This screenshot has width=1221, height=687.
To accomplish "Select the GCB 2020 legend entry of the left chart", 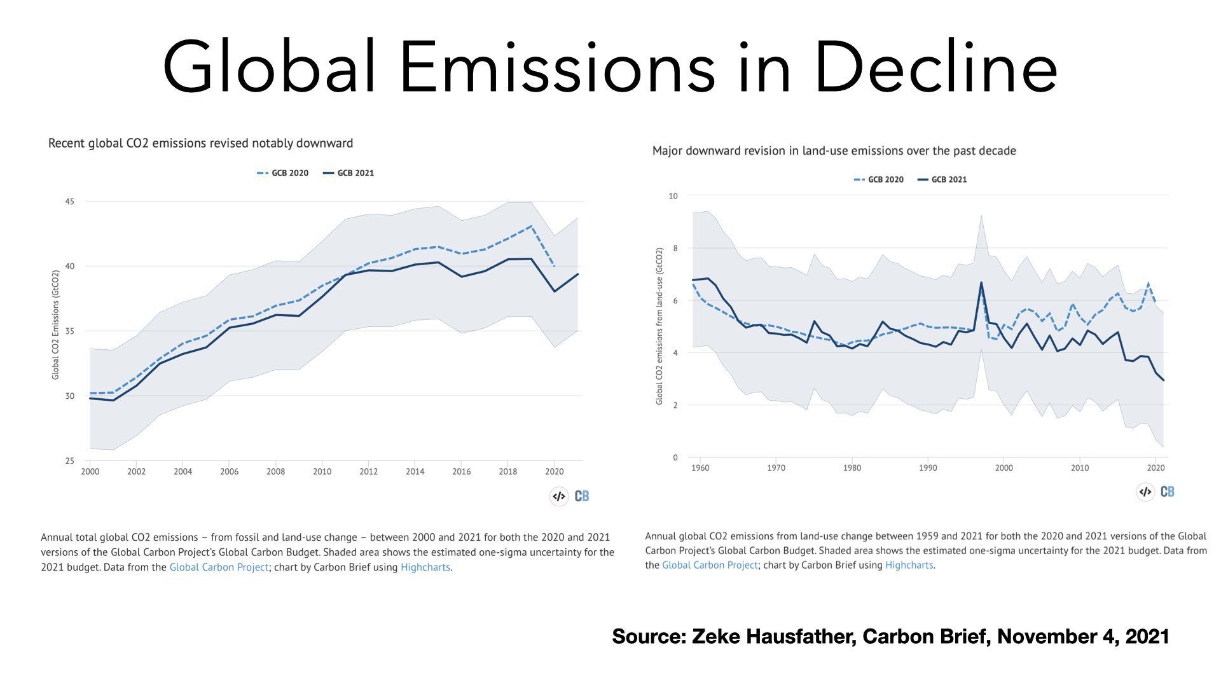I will [283, 173].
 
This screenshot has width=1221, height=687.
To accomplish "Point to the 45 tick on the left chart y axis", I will [69, 202].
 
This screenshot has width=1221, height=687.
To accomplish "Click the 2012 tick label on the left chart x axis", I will [368, 471].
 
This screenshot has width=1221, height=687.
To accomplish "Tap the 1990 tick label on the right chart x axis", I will [928, 468].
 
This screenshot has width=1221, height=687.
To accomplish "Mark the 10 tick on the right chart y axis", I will [673, 196].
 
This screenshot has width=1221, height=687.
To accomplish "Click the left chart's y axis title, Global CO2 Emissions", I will [55, 325].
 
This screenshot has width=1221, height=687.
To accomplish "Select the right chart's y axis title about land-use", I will [659, 326].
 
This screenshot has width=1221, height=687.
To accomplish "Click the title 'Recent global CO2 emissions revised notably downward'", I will [200, 143].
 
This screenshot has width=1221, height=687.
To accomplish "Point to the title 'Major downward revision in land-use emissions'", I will [834, 151].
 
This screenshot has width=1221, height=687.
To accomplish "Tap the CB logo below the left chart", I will [581, 496].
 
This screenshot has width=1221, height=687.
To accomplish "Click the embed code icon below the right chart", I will [1145, 492].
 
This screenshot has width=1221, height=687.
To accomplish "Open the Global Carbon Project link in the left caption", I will [219, 567].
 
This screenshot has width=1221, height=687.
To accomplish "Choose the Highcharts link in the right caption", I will [909, 565].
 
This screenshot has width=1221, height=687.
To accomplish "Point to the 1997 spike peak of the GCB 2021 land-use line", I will [981, 282].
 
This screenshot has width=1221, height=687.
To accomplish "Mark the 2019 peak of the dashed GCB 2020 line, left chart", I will [531, 226].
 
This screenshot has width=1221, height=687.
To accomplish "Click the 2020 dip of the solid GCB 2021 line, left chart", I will [555, 291].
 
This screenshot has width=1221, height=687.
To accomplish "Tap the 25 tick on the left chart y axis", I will [69, 461].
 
